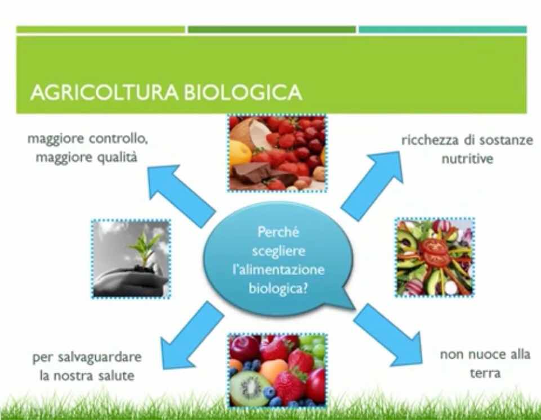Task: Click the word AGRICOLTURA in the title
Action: [104, 92]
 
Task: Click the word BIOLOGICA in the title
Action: [243, 92]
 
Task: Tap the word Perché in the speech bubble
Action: [278, 232]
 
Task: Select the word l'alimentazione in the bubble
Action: [279, 269]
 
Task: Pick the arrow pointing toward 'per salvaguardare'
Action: [192, 336]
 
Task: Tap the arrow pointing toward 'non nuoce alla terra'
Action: [388, 335]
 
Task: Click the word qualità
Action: [117, 157]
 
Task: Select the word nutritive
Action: [467, 159]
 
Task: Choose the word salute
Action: [117, 375]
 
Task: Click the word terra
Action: [485, 373]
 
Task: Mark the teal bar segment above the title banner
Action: [442, 30]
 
